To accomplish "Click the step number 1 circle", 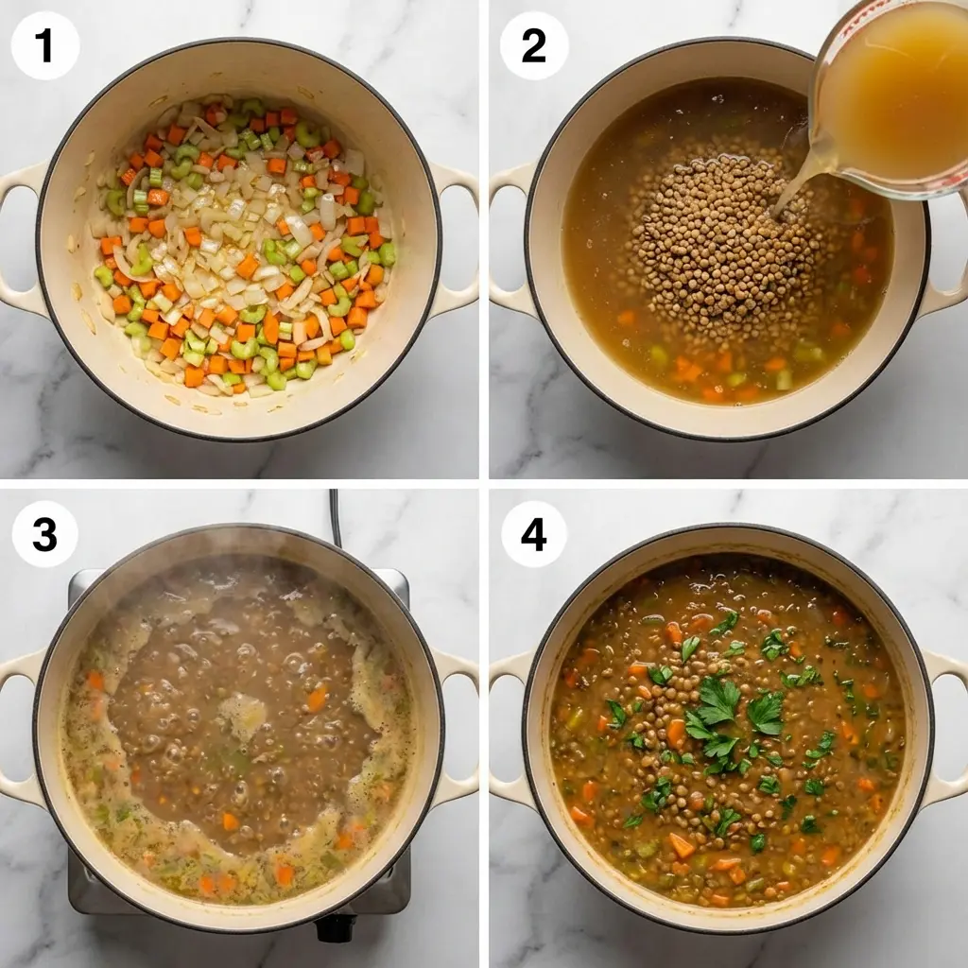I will pyautogui.click(x=45, y=45).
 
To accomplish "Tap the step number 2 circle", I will pyautogui.click(x=534, y=45).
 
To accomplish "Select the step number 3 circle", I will pyautogui.click(x=45, y=534).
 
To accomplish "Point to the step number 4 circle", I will pyautogui.click(x=534, y=534).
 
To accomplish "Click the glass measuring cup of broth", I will pyautogui.click(x=893, y=95).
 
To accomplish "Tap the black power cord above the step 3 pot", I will pyautogui.click(x=335, y=515).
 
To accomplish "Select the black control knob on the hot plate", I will pyautogui.click(x=336, y=927).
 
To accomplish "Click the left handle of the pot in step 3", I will pyautogui.click(x=19, y=728).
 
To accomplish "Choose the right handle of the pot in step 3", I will pyautogui.click(x=458, y=728).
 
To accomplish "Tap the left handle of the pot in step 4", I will pyautogui.click(x=509, y=728).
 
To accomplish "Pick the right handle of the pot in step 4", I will pyautogui.click(x=948, y=728).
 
